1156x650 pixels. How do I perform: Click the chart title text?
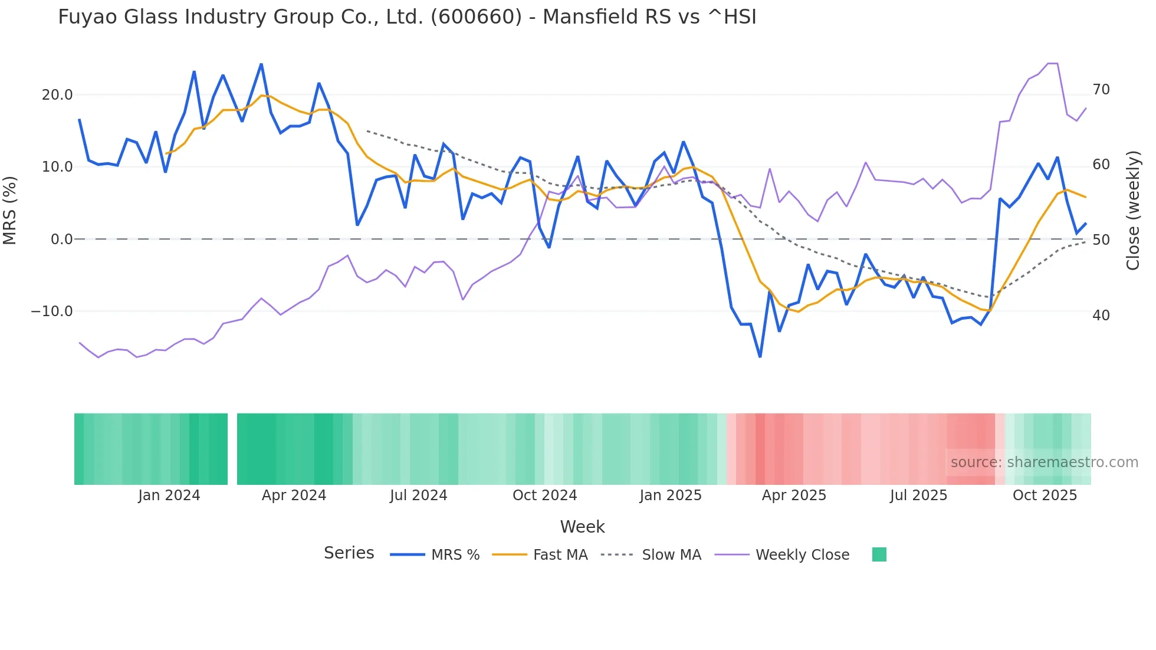[x=407, y=17]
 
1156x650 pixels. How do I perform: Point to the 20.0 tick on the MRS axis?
[x=57, y=95]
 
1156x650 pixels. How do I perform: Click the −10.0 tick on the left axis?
[x=52, y=311]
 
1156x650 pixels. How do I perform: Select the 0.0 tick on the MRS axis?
[x=62, y=239]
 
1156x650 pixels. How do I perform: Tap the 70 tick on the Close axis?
[x=1101, y=90]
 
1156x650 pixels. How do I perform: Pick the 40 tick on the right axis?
[x=1101, y=316]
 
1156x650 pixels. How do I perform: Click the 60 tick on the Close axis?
[x=1101, y=165]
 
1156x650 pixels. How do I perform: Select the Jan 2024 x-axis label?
[x=169, y=495]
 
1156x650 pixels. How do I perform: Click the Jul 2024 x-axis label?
[x=419, y=495]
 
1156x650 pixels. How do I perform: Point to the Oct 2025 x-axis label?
[x=1045, y=495]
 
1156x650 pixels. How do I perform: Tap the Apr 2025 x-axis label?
[x=794, y=495]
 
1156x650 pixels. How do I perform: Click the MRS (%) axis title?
[x=10, y=211]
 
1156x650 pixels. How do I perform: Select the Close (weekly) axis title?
[x=1133, y=211]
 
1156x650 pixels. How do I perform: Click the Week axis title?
[x=582, y=527]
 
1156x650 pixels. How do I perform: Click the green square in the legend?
[x=879, y=554]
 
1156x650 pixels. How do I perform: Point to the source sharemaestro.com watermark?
[x=1044, y=462]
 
